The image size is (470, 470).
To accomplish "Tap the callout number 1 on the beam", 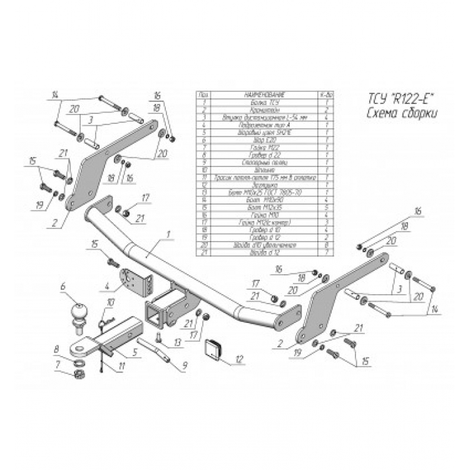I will (168, 234).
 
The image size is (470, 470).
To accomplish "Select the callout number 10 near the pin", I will (111, 302).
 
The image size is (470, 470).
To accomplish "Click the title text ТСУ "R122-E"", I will (399, 98).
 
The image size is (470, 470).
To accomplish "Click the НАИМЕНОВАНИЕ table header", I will (256, 94).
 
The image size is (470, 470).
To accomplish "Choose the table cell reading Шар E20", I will (256, 141).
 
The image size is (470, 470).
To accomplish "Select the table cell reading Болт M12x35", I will (256, 207).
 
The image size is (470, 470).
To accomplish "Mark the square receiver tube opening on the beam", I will (155, 311).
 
